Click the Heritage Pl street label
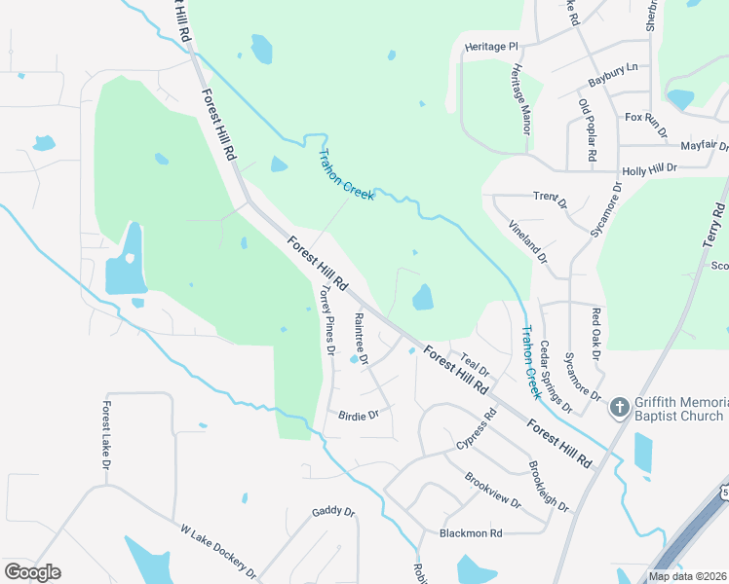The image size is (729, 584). [491, 47]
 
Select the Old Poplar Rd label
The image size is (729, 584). [587, 128]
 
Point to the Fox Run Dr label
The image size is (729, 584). [646, 123]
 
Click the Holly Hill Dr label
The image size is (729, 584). [649, 169]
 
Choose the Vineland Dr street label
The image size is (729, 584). [529, 242]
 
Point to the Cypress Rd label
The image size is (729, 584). [477, 429]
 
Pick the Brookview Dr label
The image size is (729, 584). [493, 490]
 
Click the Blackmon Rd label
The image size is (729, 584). [470, 533]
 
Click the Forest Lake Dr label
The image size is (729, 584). [106, 441]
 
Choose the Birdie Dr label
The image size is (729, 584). [358, 416]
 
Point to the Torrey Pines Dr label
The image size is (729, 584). [326, 318]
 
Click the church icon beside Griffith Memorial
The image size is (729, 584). [619, 408]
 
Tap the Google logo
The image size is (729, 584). [32, 572]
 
